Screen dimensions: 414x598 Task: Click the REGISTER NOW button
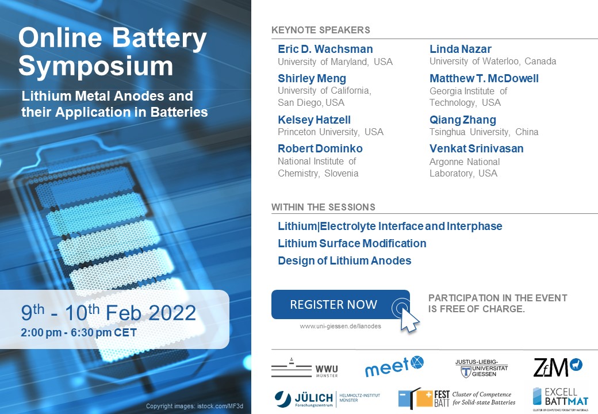(333, 305)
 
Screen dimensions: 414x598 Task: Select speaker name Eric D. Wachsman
(325, 49)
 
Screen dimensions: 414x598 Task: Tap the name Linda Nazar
(461, 49)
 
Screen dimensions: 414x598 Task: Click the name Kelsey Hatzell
(314, 120)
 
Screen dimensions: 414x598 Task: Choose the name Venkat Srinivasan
(477, 149)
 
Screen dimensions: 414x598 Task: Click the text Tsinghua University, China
(484, 132)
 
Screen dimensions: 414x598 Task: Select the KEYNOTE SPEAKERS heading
(320, 30)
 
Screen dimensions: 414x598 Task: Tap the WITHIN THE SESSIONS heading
(323, 207)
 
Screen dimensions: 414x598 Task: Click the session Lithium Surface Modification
(352, 243)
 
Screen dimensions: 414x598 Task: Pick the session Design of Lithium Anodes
(344, 260)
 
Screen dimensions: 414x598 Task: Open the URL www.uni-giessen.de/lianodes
(340, 326)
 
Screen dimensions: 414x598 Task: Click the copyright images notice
(194, 406)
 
